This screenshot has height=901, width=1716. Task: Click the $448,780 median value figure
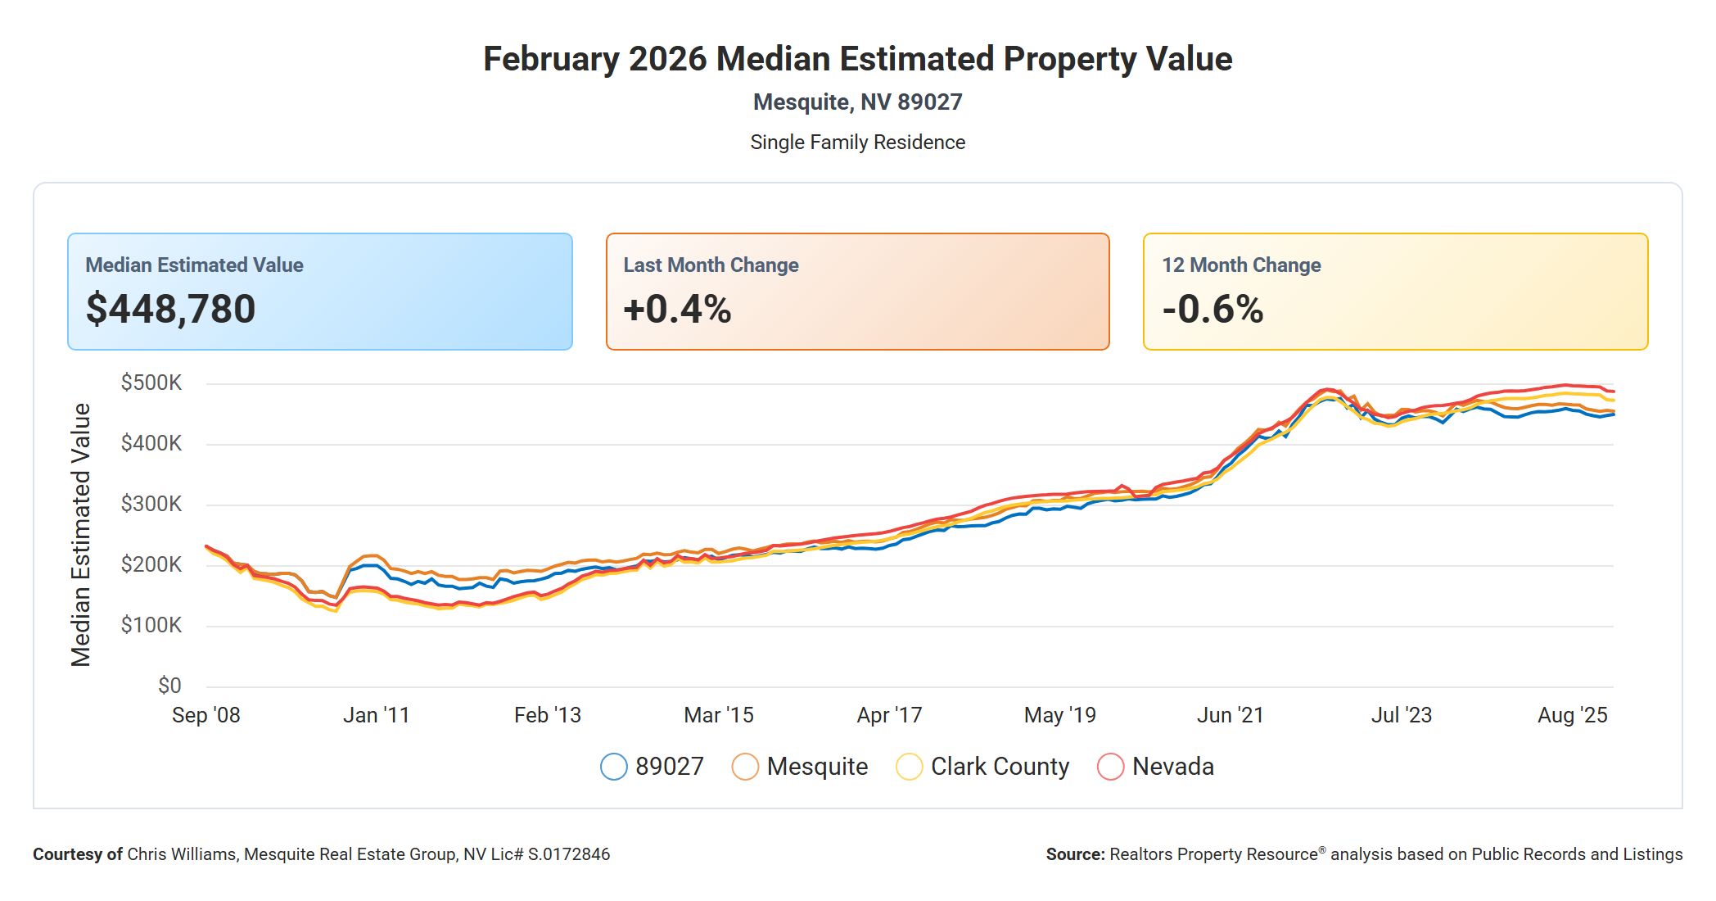[170, 309]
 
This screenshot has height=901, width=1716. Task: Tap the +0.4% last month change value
[677, 309]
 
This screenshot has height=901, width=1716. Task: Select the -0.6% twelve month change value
[1212, 309]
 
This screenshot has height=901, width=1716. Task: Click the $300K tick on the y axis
[151, 504]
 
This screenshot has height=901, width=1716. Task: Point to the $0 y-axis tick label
[169, 686]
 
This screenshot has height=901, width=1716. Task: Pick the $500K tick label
[151, 383]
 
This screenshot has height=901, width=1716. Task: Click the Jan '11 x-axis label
[376, 715]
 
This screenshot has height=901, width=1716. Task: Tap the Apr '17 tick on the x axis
[889, 715]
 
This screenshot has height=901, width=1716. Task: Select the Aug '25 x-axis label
[1572, 715]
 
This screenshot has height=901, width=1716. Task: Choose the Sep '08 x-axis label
[206, 715]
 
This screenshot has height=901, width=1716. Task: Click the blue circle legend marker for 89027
[614, 767]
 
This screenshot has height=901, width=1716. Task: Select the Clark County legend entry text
[1000, 767]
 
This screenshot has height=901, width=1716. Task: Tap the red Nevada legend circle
[1110, 767]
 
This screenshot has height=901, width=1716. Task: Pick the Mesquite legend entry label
[817, 767]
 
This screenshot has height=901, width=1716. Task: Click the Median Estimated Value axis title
[80, 534]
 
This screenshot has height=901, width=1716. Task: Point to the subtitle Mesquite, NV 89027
[857, 102]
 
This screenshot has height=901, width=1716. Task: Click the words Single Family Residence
[857, 143]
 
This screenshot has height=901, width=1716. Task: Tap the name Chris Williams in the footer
[182, 854]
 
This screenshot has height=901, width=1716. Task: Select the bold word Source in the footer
[1075, 854]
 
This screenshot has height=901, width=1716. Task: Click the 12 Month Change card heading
[1241, 265]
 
